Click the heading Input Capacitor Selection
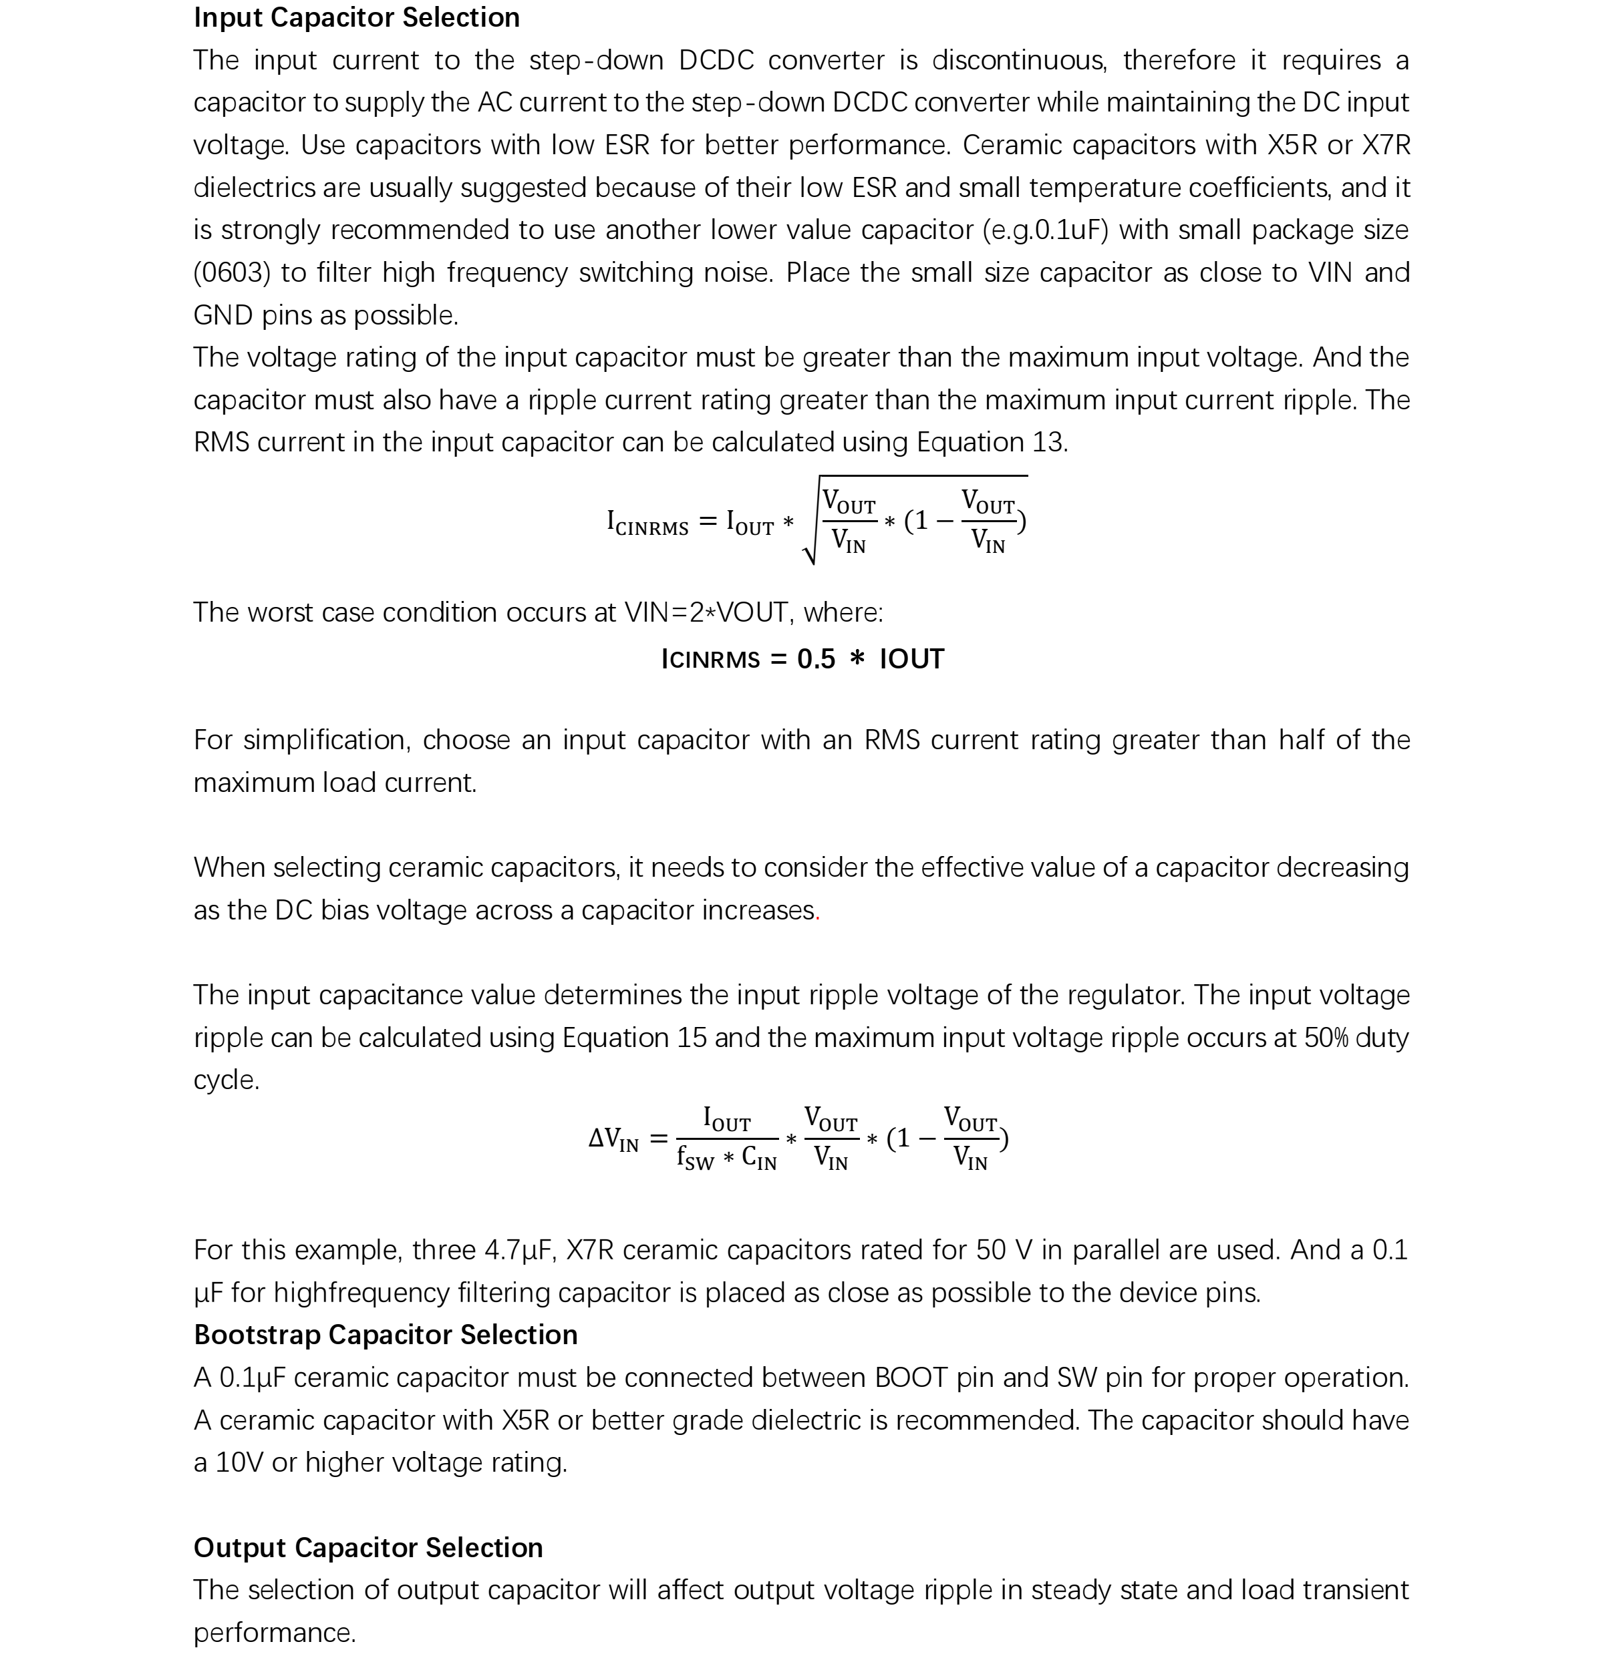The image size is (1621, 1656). pos(356,18)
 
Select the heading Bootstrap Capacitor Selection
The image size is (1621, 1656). pos(386,1334)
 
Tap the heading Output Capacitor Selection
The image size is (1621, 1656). pos(367,1547)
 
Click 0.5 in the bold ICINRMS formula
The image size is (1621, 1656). pos(816,660)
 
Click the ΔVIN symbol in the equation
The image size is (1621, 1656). pos(613,1138)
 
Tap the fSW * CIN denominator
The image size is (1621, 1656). pos(726,1157)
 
